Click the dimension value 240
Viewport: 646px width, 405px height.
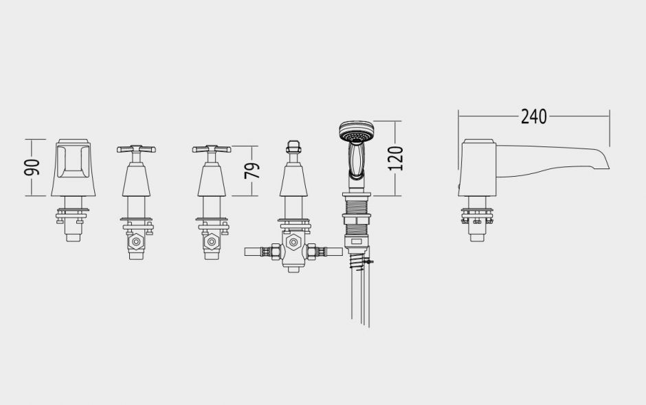click(x=533, y=117)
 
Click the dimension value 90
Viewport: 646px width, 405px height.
click(x=32, y=167)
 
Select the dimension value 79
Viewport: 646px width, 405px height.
click(x=252, y=171)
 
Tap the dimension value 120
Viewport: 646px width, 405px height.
click(x=396, y=158)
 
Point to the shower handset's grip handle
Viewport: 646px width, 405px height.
click(x=357, y=161)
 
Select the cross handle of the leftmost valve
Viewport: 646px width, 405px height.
click(x=136, y=149)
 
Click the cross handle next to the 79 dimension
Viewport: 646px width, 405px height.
click(x=212, y=149)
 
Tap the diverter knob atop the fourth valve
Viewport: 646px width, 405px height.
click(x=293, y=146)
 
